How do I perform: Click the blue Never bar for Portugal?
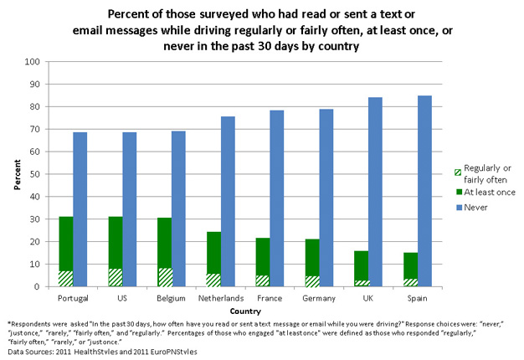point(80,209)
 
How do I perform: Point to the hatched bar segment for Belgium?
point(164,277)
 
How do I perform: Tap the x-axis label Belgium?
point(172,298)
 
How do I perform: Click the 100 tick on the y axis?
point(33,62)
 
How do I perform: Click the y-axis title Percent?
point(15,174)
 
